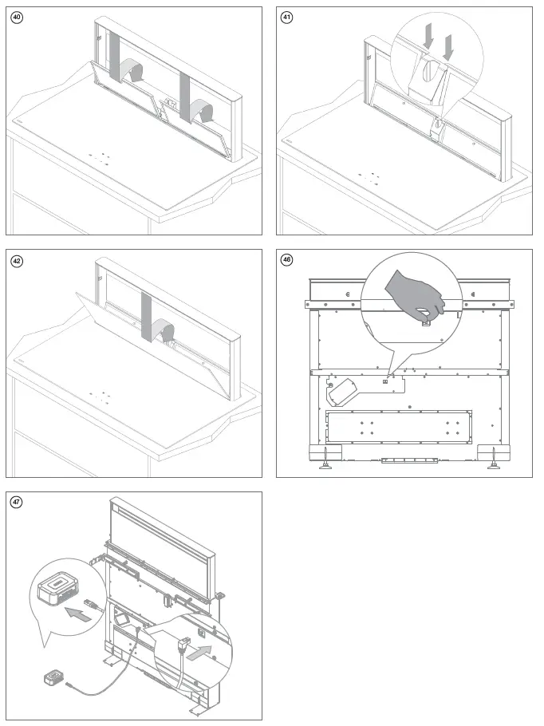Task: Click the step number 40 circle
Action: click(x=18, y=18)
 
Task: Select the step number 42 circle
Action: click(x=18, y=260)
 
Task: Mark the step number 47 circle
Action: click(x=18, y=502)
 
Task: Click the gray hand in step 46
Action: click(x=416, y=292)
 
